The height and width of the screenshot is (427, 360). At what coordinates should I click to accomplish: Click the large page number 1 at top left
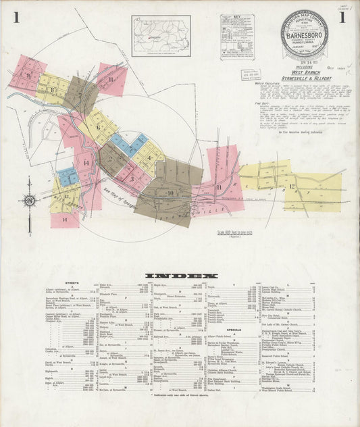(x=15, y=17)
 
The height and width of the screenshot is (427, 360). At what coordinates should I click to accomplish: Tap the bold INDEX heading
(x=182, y=276)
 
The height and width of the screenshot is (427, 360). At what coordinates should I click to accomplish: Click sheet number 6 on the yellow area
(x=99, y=126)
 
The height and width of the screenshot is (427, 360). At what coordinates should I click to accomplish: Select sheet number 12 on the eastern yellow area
(x=292, y=186)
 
